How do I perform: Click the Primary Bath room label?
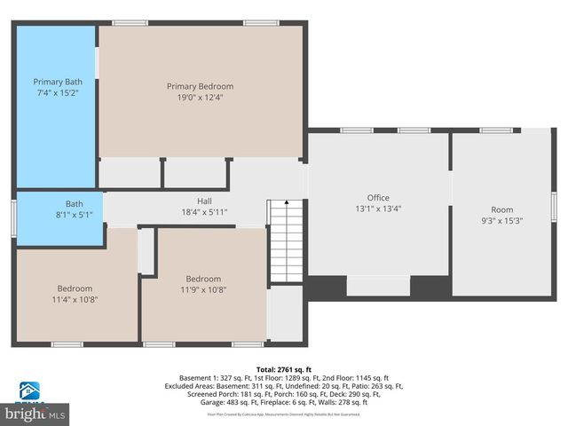coord(58,82)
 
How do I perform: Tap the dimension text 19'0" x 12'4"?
coord(201,98)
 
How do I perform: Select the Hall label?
coord(204,201)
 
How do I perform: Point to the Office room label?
coord(378,198)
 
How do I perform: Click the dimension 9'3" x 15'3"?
coord(502,221)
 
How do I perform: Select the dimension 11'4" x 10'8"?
coord(75,300)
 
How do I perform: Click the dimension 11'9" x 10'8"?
coord(204,289)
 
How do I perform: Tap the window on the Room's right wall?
coord(554,205)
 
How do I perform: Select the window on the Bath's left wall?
coord(13,217)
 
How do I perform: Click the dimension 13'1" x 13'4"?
coord(378,209)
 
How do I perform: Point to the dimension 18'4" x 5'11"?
coord(204,212)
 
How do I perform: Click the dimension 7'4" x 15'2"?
coord(58,92)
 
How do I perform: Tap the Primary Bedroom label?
coord(201,86)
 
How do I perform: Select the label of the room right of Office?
coord(502,209)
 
